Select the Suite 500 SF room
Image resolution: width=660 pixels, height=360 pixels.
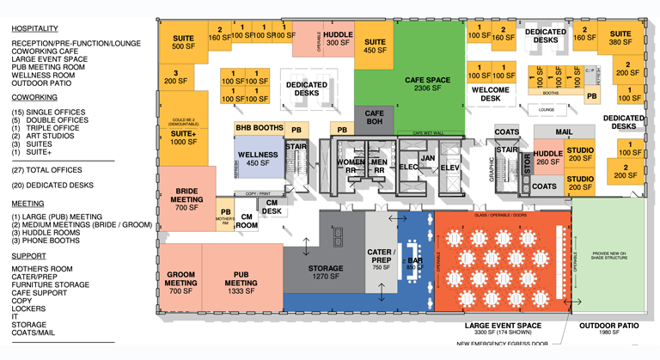click(183, 43)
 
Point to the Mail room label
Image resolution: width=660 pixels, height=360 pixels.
click(563, 132)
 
